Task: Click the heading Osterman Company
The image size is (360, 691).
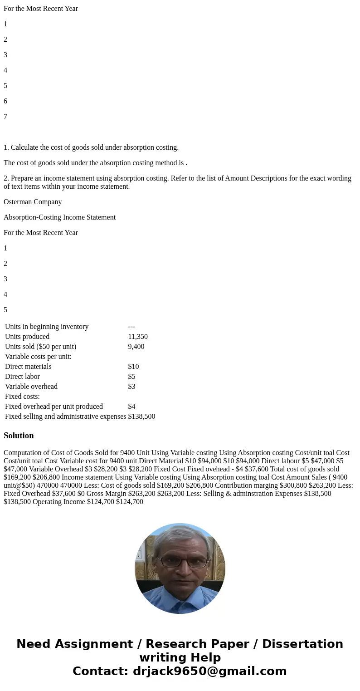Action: point(33,202)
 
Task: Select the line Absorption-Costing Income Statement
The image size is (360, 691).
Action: point(59,217)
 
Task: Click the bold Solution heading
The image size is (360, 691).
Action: point(19,436)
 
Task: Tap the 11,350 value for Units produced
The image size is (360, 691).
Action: point(138,337)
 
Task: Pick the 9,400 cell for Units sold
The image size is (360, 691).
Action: point(136,347)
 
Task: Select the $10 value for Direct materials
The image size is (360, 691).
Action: point(133,367)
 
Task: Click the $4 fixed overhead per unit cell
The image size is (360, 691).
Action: point(131,407)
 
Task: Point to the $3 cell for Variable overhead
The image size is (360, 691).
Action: point(131,387)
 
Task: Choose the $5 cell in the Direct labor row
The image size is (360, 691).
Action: point(131,377)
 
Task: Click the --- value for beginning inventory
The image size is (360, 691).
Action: point(131,327)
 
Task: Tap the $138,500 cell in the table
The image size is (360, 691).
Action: point(141,417)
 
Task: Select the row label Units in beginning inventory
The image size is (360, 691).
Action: point(47,327)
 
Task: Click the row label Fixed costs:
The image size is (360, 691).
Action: point(22,397)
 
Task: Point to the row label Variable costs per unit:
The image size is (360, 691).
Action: point(38,357)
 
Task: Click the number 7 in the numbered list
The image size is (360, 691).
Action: point(5,117)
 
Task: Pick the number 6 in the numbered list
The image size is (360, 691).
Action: point(5,101)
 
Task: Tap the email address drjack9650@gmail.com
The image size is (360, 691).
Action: point(209,671)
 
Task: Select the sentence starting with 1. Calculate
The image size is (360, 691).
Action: point(91,147)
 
